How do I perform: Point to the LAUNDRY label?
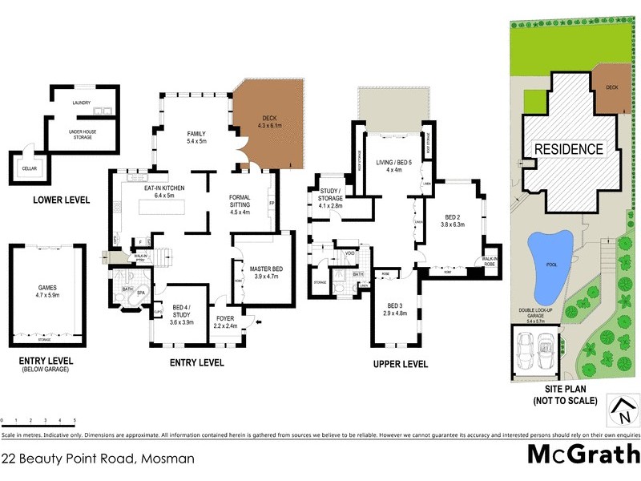[80, 103]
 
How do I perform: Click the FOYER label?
[225, 322]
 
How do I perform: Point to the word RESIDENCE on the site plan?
[568, 149]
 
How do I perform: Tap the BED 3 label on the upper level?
[394, 309]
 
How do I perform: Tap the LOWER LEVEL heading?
[62, 200]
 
